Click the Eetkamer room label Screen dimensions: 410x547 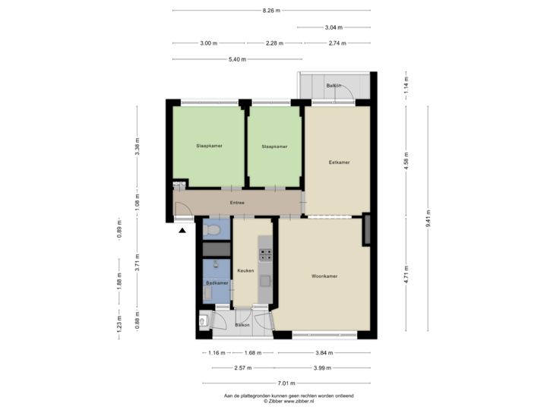click(x=339, y=162)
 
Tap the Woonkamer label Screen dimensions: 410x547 click(x=324, y=276)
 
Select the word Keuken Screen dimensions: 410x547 click(x=245, y=270)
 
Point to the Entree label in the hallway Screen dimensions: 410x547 click(x=237, y=203)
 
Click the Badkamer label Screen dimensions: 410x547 click(x=217, y=282)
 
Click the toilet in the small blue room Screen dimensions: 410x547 click(x=213, y=229)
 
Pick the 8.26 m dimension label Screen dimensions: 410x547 click(x=271, y=11)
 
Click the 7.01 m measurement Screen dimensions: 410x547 click(x=287, y=384)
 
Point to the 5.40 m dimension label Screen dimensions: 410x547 click(x=237, y=58)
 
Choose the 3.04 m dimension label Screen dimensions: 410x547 click(x=334, y=27)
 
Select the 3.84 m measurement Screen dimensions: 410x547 click(x=324, y=352)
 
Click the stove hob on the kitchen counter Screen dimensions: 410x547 click(x=266, y=255)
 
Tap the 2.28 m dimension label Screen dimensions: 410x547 click(x=273, y=43)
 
